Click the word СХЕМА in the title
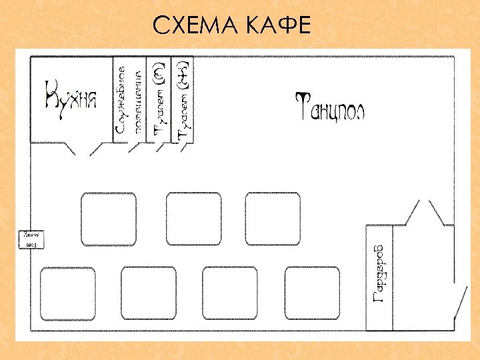tap(194, 26)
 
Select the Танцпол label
tap(330, 107)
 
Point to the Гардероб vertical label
tap(379, 273)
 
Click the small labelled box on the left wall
tap(31, 239)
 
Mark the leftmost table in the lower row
tap(67, 294)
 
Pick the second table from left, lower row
tap(149, 294)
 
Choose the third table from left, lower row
tap(229, 294)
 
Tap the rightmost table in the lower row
tap(312, 294)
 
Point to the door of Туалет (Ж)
tap(180, 147)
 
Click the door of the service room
tap(133, 147)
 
